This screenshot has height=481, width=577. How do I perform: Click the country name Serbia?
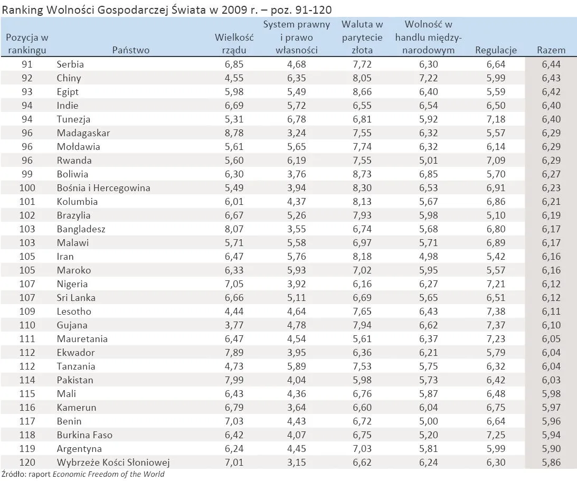tap(70, 64)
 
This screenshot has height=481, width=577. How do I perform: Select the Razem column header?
tap(551, 50)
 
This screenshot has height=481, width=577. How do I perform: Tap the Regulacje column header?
tap(496, 50)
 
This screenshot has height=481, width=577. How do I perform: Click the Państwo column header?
tap(131, 50)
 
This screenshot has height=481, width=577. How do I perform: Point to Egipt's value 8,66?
tap(362, 92)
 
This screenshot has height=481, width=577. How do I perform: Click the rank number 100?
tap(27, 188)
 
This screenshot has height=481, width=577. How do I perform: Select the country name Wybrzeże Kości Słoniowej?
tap(113, 463)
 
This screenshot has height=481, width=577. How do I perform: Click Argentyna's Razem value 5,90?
tap(551, 449)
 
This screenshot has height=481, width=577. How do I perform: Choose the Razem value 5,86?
tap(551, 463)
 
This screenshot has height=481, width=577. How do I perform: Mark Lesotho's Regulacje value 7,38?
tap(496, 312)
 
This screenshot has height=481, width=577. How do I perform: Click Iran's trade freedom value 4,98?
tap(428, 257)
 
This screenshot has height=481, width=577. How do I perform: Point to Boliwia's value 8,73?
tap(362, 174)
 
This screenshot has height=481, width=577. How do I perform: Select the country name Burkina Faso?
tap(84, 435)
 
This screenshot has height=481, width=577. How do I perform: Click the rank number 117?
tap(27, 421)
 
